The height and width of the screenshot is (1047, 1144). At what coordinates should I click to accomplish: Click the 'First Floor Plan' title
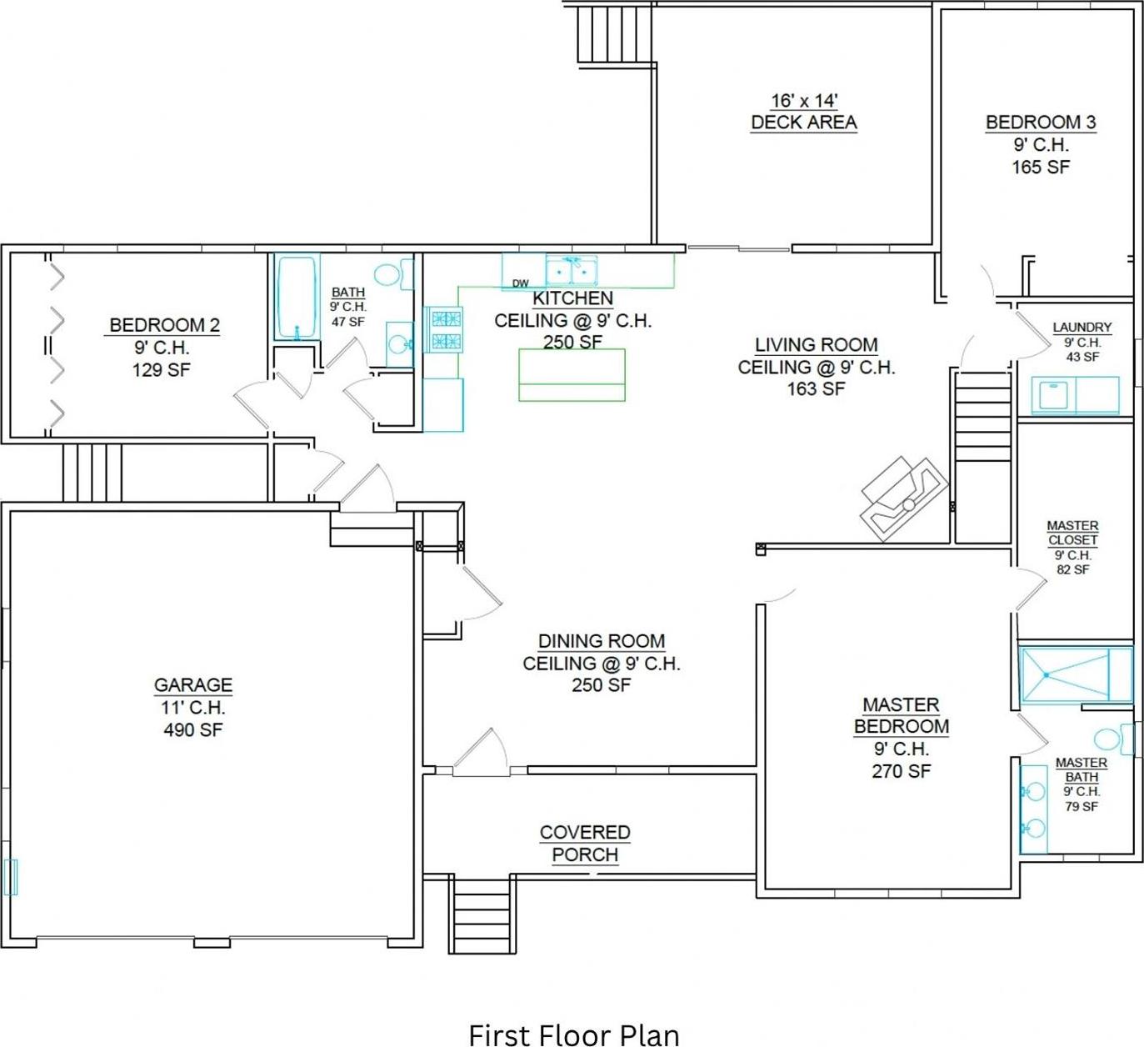[573, 1034]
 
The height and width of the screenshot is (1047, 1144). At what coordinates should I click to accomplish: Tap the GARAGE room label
[192, 685]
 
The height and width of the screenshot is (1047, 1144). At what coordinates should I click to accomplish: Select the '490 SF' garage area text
[192, 729]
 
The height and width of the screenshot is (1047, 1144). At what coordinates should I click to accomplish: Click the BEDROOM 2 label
[164, 325]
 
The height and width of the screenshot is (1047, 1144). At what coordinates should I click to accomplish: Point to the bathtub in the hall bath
[296, 298]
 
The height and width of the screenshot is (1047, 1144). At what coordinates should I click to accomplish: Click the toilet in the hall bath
[392, 274]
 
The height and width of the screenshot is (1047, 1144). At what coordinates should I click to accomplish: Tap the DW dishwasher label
[520, 283]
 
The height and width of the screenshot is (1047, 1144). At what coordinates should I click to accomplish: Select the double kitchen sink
[572, 271]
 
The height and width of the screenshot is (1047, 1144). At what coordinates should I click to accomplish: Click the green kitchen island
[572, 375]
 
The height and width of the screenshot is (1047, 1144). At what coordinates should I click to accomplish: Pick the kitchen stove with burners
[444, 329]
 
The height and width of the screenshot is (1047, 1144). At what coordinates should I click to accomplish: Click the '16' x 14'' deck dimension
[803, 101]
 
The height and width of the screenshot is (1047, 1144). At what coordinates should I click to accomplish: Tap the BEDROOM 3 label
[1040, 123]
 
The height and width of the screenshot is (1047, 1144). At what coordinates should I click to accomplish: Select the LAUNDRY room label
[1082, 328]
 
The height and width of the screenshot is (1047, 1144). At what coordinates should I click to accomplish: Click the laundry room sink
[1054, 394]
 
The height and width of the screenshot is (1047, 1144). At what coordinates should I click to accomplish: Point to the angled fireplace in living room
[904, 498]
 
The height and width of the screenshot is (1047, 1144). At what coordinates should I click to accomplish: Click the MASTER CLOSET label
[1072, 533]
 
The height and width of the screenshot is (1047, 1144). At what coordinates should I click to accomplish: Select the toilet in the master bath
[1112, 739]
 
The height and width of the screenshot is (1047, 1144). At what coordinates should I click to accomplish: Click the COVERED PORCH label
[585, 843]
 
